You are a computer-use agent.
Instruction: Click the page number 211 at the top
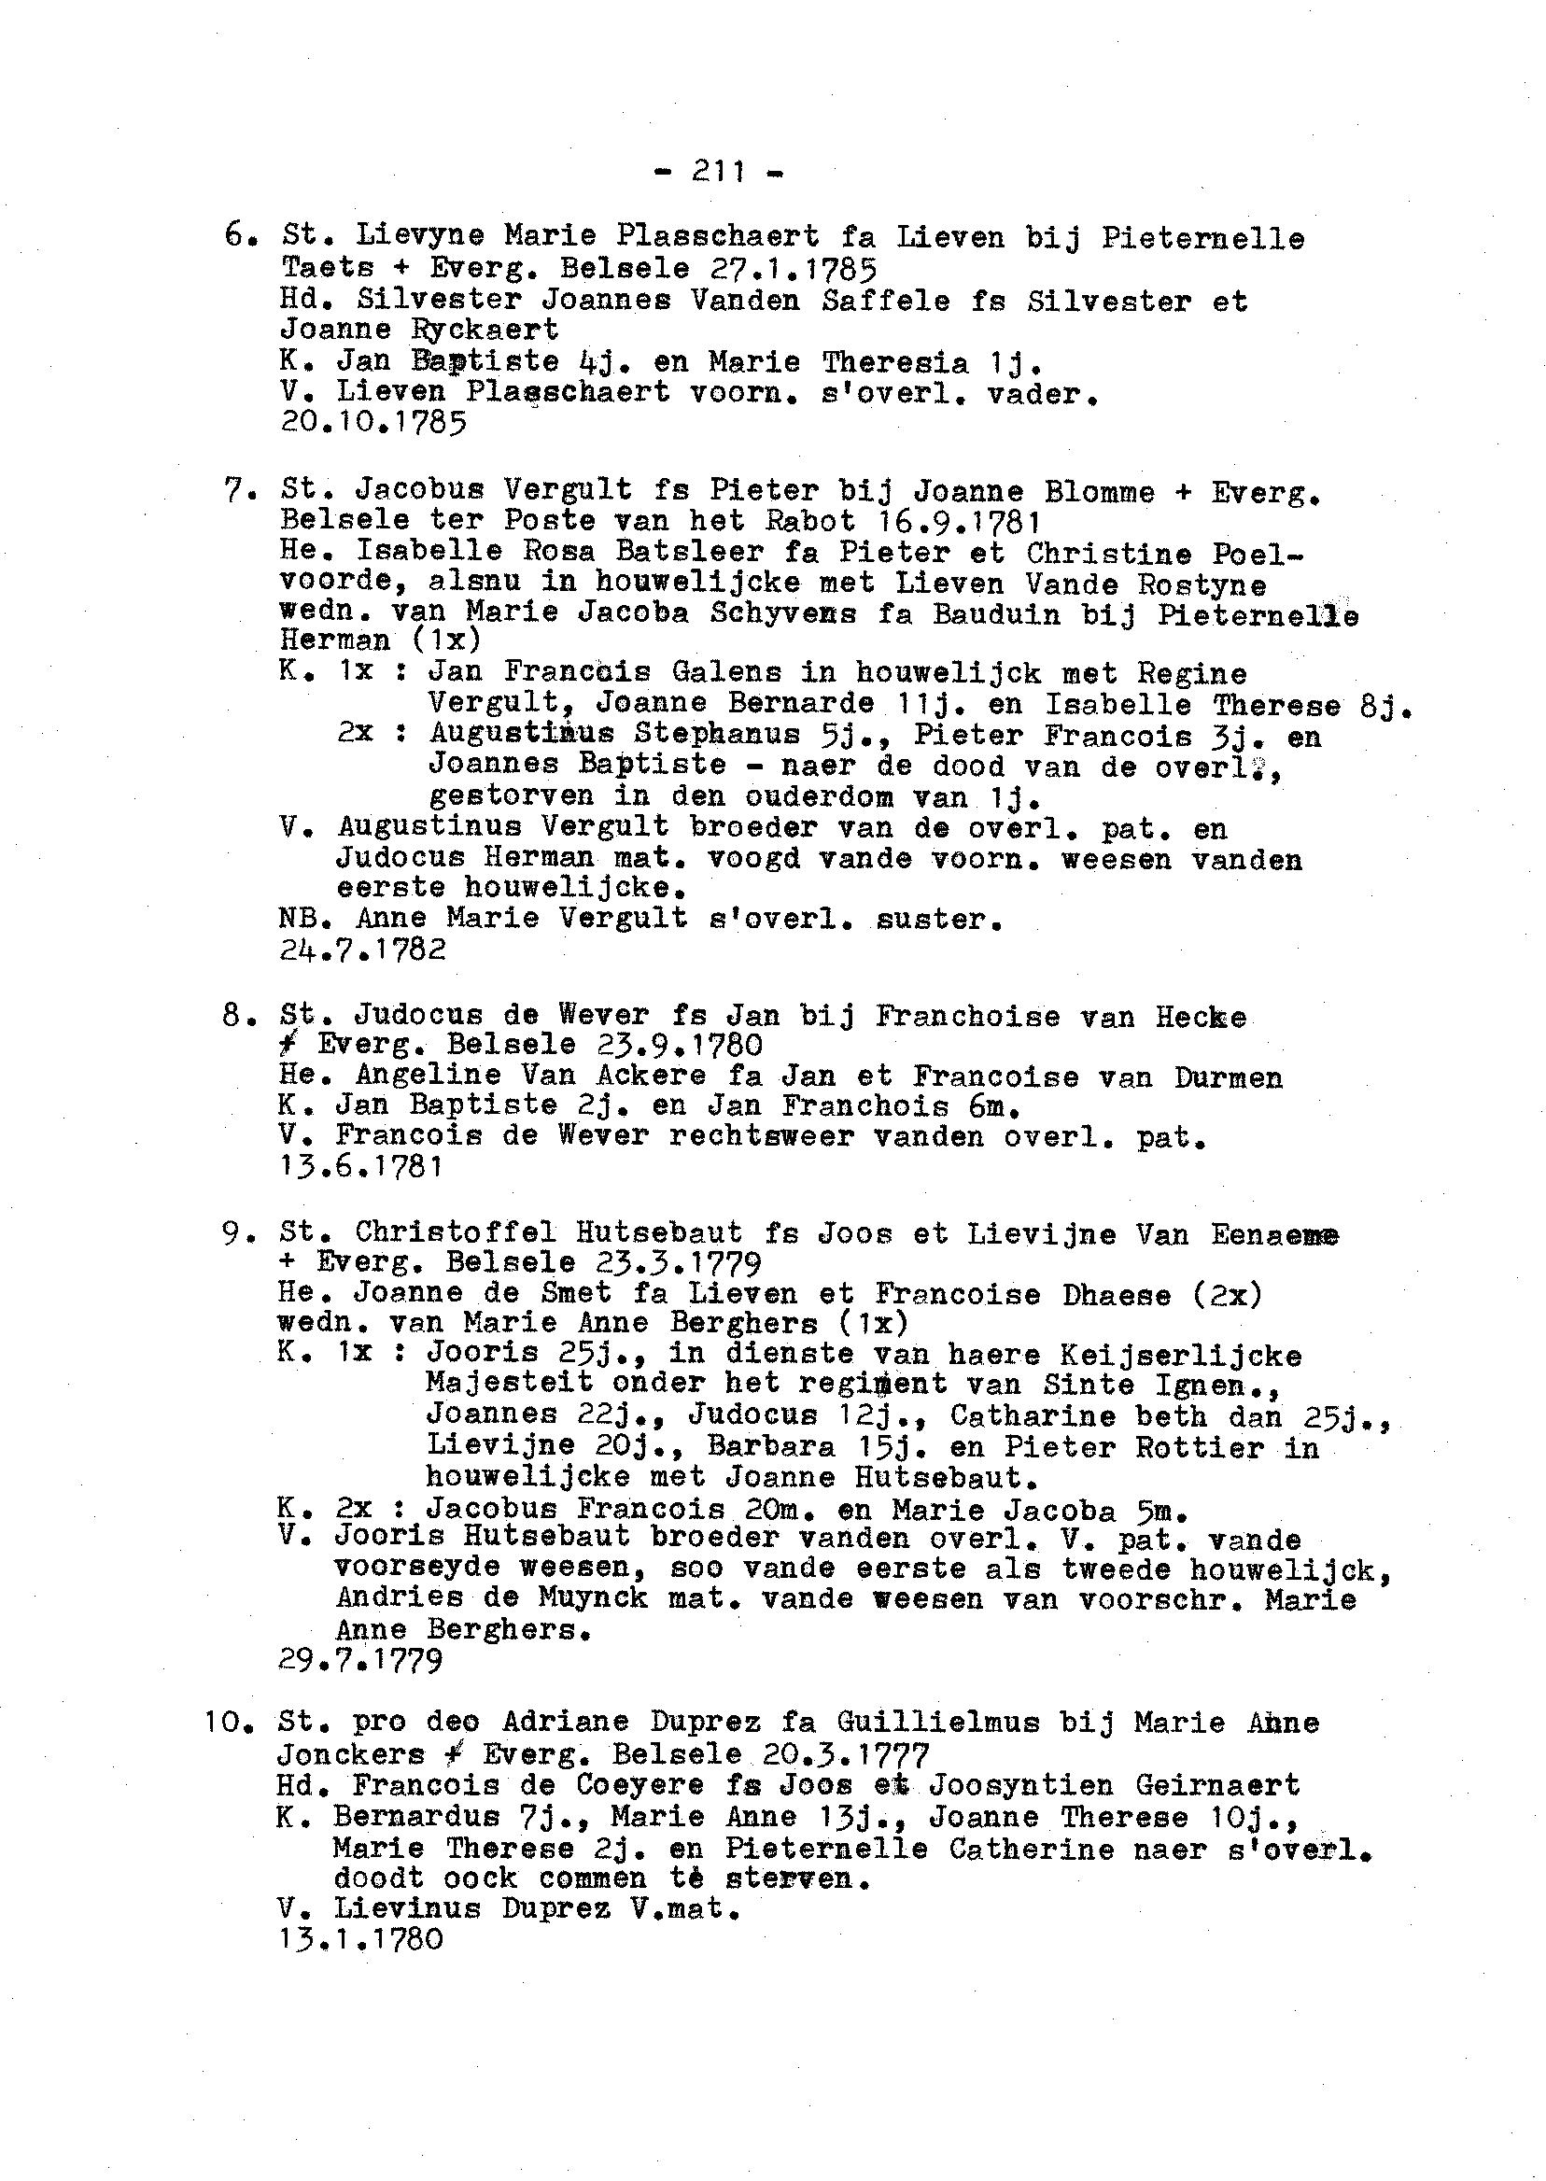(719, 172)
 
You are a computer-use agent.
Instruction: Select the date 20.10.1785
(373, 423)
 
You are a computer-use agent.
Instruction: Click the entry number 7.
(234, 491)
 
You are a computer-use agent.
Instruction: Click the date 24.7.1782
(363, 950)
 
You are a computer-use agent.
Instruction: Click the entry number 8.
(234, 1016)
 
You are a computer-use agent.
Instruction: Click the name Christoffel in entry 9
(455, 1232)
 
